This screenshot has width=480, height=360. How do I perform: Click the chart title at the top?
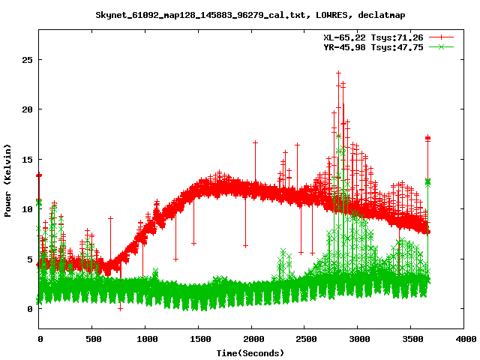[239, 15]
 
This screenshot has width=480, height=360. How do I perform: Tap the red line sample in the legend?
[442, 37]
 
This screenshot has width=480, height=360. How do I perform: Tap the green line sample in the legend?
[442, 46]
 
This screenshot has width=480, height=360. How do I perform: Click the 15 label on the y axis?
[28, 159]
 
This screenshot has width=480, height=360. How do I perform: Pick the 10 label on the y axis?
[28, 209]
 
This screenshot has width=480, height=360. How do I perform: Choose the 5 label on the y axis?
[31, 259]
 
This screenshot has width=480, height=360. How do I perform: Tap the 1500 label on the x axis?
[199, 339]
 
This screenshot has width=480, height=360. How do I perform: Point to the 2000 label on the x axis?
[252, 339]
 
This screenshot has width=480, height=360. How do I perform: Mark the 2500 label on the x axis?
[305, 339]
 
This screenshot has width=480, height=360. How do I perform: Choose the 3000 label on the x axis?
[358, 339]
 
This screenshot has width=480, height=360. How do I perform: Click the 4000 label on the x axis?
[465, 339]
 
